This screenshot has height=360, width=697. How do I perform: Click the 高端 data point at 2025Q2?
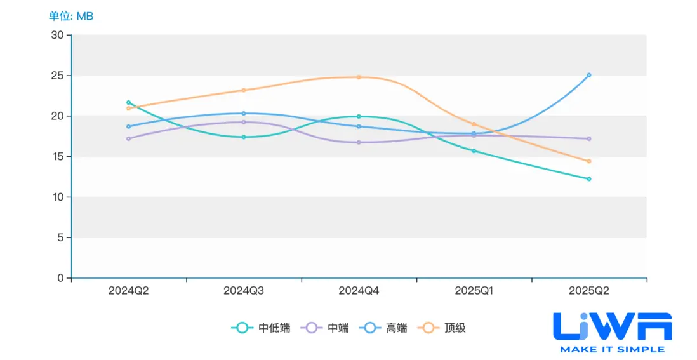[589, 75]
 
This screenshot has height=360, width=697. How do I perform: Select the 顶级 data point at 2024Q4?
[359, 77]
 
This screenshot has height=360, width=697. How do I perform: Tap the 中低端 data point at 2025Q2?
[589, 179]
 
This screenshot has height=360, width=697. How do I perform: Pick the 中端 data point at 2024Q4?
[359, 142]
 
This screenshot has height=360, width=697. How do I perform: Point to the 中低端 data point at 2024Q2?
[128, 102]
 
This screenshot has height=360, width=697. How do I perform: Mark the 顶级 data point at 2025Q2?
[589, 161]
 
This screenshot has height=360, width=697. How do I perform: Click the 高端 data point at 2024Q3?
[244, 114]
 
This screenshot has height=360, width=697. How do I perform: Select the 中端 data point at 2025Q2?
[589, 138]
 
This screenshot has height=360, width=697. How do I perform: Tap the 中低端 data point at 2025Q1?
[474, 151]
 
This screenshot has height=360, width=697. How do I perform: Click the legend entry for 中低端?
[261, 328]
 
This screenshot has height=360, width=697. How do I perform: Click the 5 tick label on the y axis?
[60, 237]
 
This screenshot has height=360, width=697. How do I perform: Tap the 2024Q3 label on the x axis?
[244, 291]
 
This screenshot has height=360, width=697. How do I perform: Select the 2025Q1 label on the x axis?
[474, 291]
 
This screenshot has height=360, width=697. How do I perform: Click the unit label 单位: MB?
[71, 16]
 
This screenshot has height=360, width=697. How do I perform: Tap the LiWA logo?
[612, 325]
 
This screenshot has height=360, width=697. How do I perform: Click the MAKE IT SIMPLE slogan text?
[612, 349]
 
